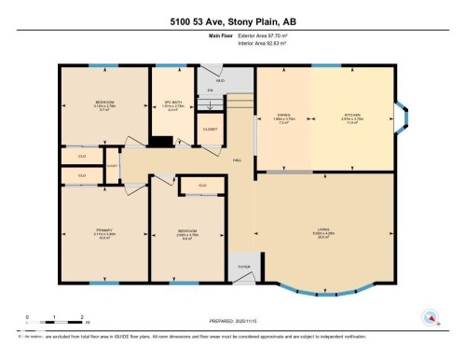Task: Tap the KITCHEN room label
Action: point(353,117)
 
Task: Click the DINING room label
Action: point(283,117)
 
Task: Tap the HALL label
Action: point(237,159)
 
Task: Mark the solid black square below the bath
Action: point(161,142)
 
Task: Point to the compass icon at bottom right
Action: point(430,316)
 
